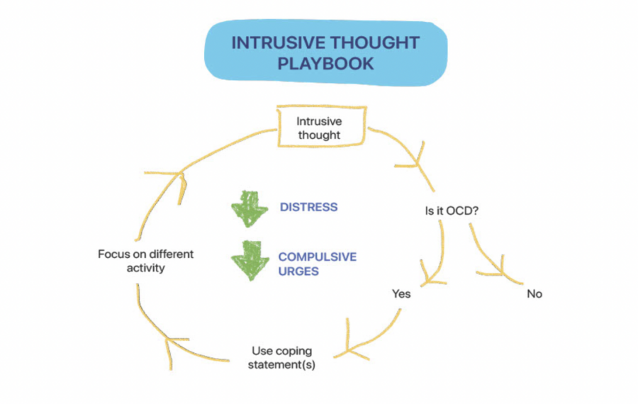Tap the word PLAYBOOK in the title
click(325, 64)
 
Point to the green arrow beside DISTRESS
click(247, 208)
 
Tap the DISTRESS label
click(308, 208)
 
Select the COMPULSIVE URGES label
click(317, 264)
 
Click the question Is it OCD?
click(455, 211)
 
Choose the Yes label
click(401, 293)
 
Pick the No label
click(535, 293)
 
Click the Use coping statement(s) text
click(282, 358)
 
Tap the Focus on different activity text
click(145, 261)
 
